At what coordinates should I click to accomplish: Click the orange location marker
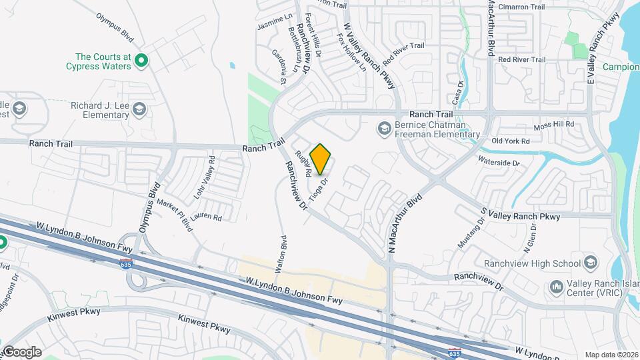pyautogui.click(x=321, y=159)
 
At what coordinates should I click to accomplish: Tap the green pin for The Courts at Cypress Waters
pyautogui.click(x=141, y=61)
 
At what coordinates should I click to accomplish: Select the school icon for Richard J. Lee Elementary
pyautogui.click(x=139, y=109)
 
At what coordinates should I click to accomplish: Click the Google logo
pyautogui.click(x=22, y=352)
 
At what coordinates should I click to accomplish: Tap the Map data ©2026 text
pyautogui.click(x=611, y=355)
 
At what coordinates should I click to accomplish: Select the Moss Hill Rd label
pyautogui.click(x=554, y=125)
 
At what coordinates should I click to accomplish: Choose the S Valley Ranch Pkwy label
pyautogui.click(x=521, y=215)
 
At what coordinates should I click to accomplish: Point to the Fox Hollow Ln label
pyautogui.click(x=352, y=53)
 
